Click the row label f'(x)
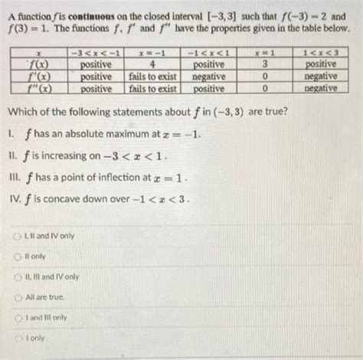(33, 77)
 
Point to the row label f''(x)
(33, 88)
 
